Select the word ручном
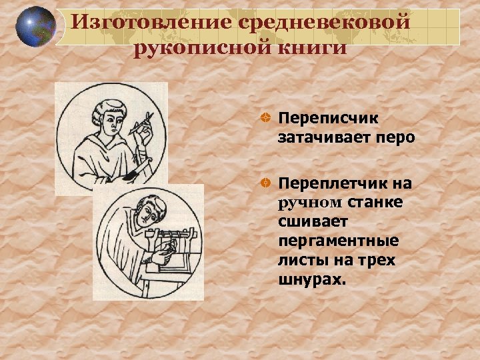tap(309, 202)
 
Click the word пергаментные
tap(339, 240)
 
